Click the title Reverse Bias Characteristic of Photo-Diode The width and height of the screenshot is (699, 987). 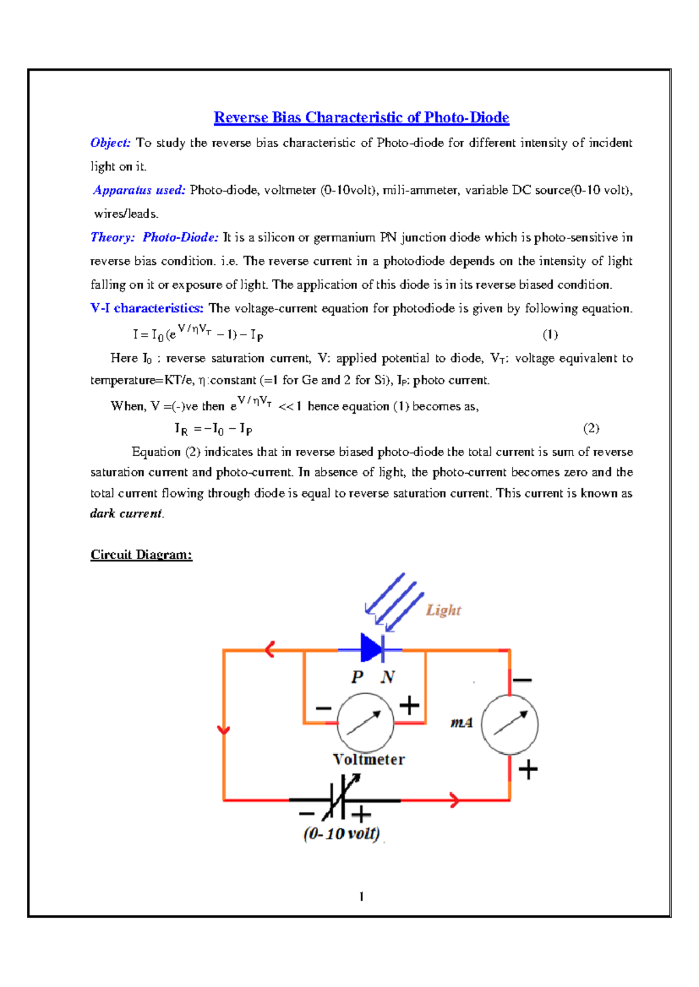point(361,118)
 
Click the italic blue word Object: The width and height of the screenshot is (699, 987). point(111,143)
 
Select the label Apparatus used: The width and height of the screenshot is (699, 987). point(139,190)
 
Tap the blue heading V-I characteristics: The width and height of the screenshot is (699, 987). point(147,308)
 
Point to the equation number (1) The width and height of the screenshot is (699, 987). point(550,334)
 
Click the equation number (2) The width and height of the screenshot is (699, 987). point(591,428)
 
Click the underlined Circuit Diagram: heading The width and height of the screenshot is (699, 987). point(141,555)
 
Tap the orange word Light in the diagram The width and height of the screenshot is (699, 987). point(443,610)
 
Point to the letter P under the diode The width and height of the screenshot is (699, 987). point(357,677)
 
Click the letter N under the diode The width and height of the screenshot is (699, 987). point(387,677)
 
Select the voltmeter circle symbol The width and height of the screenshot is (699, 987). point(366,723)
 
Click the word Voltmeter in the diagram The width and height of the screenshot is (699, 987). point(369,759)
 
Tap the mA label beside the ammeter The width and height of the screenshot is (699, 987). point(461,723)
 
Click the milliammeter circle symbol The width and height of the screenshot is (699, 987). point(510,725)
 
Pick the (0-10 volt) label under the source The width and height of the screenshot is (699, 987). point(341,833)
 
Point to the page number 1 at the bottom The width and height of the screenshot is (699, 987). point(362,896)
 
